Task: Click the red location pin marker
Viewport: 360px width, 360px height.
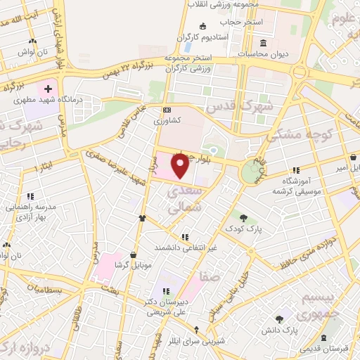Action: click(x=181, y=165)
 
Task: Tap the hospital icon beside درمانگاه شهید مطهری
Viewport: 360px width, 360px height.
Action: click(x=48, y=89)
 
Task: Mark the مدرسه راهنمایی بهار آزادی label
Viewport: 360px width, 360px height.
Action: click(x=30, y=202)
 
